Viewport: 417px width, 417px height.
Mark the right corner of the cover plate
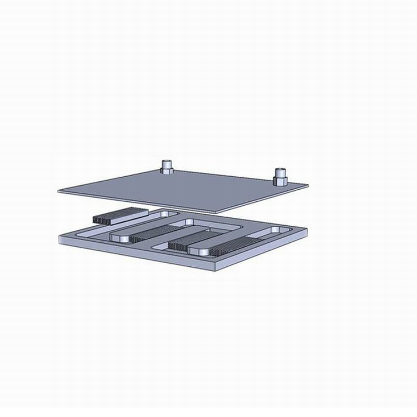click(306, 184)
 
